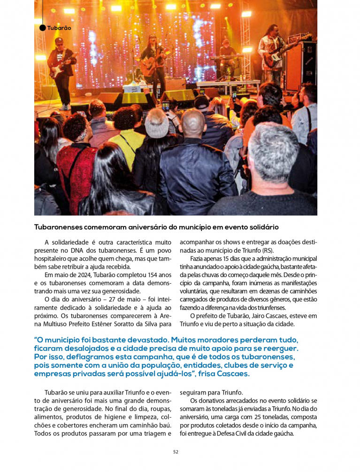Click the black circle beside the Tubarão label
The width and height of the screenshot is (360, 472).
pos(43,28)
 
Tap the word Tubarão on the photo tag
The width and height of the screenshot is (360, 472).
pos(59,28)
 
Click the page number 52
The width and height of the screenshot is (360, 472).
pos(176,452)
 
